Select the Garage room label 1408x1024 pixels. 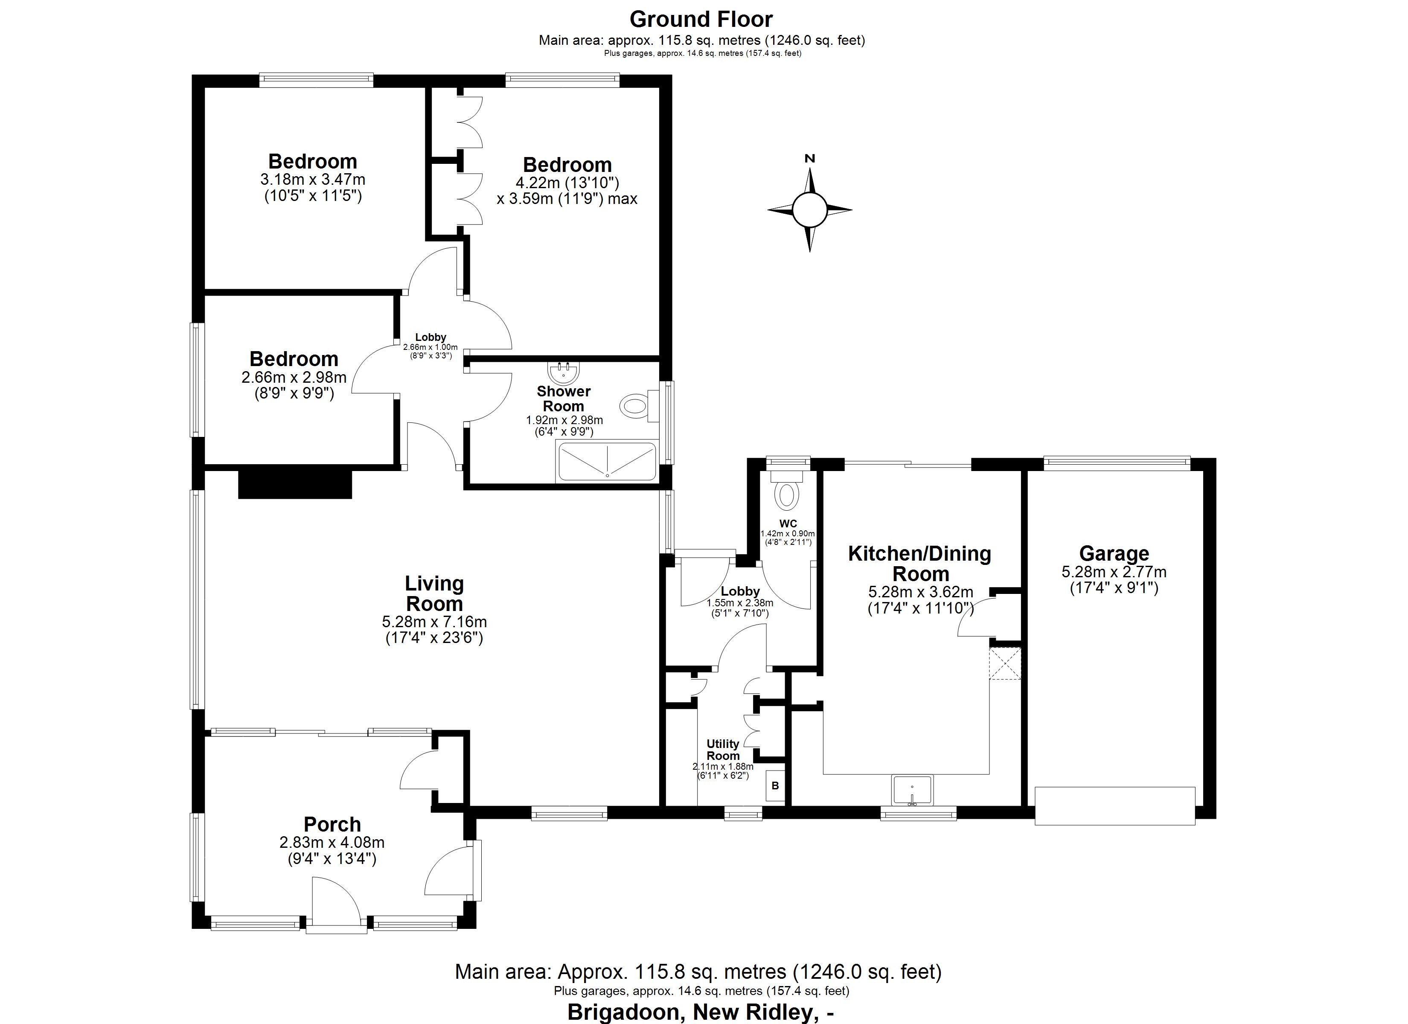point(1114,553)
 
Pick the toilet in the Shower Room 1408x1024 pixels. point(635,407)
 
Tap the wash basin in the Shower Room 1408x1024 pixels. point(564,373)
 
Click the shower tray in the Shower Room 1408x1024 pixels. point(607,461)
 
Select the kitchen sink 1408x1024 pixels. point(912,790)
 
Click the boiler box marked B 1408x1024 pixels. point(775,785)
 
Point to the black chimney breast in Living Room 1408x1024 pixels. point(295,484)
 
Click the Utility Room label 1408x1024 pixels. point(723,750)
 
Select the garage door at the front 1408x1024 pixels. point(1115,806)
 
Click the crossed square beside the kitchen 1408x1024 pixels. point(1004,663)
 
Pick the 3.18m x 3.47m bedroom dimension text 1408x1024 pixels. point(312,180)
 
